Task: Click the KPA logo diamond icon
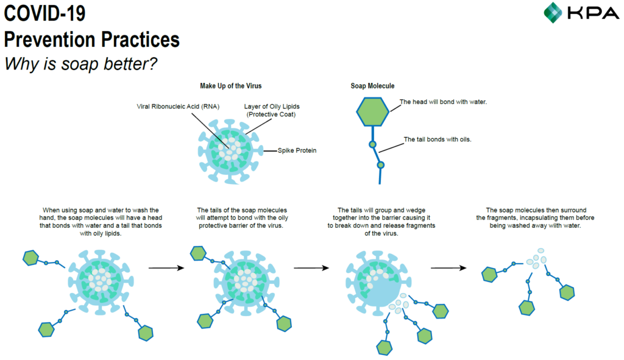(553, 12)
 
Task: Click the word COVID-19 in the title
(44, 13)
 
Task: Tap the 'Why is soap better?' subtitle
(81, 63)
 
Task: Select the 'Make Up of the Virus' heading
(231, 86)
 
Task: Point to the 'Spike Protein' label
(297, 150)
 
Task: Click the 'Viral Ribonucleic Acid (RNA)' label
(178, 107)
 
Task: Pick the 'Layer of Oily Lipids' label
(272, 107)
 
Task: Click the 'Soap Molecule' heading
(372, 86)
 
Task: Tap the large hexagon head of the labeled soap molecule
(372, 112)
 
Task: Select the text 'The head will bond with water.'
(443, 102)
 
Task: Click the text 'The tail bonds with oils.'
(438, 139)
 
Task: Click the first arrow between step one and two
(166, 268)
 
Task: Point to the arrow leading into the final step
(448, 268)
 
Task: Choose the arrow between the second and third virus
(311, 268)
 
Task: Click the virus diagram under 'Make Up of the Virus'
(230, 151)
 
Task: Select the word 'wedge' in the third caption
(416, 210)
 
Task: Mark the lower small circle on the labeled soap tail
(381, 164)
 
